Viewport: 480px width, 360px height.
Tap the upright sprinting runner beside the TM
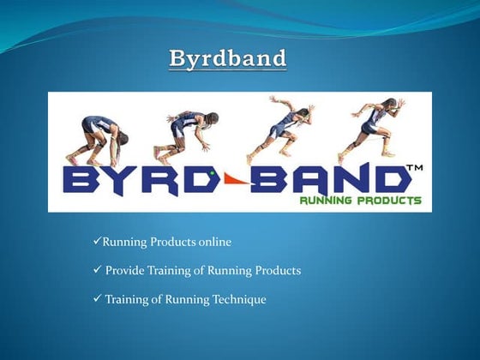tap(370, 126)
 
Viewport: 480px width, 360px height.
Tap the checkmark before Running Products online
tap(96, 243)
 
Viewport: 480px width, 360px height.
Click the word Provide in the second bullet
tap(124, 271)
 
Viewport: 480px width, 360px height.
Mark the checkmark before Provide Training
tap(96, 271)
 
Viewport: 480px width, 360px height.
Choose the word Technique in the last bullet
tap(237, 299)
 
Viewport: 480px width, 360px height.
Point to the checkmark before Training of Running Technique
tap(96, 299)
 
